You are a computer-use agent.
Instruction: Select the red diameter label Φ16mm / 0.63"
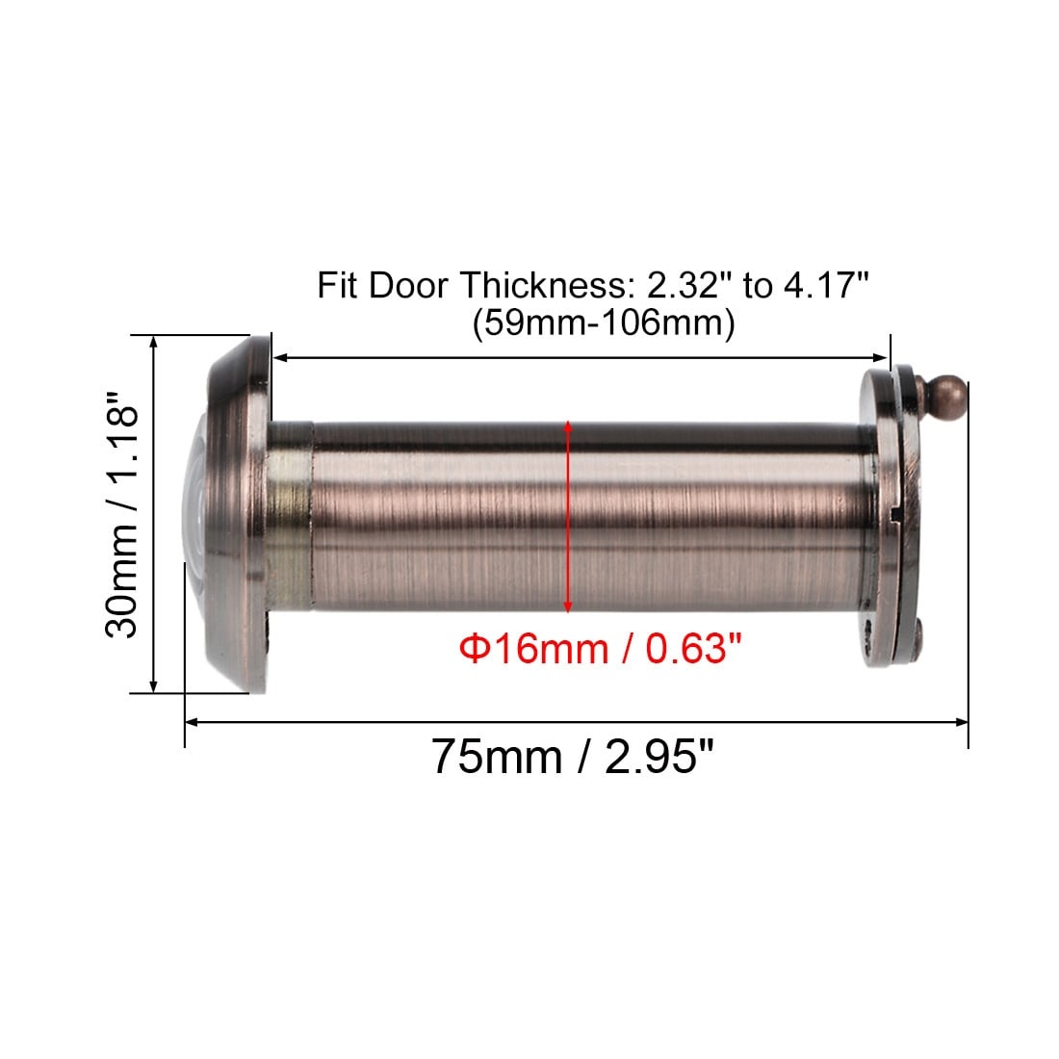coord(600,648)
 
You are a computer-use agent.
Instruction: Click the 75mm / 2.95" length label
coord(572,757)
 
